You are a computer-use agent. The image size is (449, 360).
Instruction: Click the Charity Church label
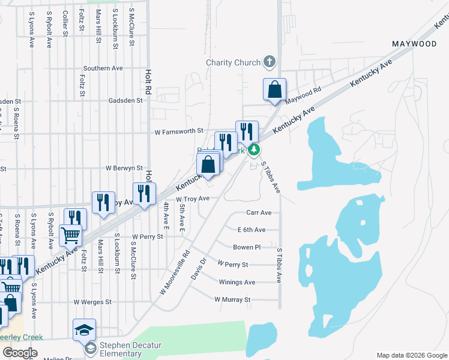tap(233, 62)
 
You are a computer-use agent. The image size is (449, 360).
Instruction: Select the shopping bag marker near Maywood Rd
tap(274, 89)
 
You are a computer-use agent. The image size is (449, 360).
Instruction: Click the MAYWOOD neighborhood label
tap(414, 44)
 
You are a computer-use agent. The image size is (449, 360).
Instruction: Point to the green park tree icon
tap(255, 149)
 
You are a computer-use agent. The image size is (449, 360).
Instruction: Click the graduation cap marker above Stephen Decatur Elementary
tap(84, 329)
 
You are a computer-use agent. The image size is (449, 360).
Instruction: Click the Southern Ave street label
tap(103, 68)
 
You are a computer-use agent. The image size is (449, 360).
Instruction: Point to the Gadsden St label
tap(125, 101)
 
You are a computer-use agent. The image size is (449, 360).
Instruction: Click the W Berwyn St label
tap(124, 169)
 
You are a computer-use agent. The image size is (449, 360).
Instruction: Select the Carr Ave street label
tap(259, 212)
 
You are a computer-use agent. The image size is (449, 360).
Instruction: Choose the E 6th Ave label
tap(252, 230)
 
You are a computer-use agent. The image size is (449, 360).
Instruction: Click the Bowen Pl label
tap(247, 247)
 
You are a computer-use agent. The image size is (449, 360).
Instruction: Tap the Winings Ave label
tap(237, 282)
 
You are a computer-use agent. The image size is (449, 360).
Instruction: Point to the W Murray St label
tap(232, 299)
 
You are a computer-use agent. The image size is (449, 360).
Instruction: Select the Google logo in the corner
tap(19, 353)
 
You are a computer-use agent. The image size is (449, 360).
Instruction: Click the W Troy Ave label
tap(193, 199)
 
